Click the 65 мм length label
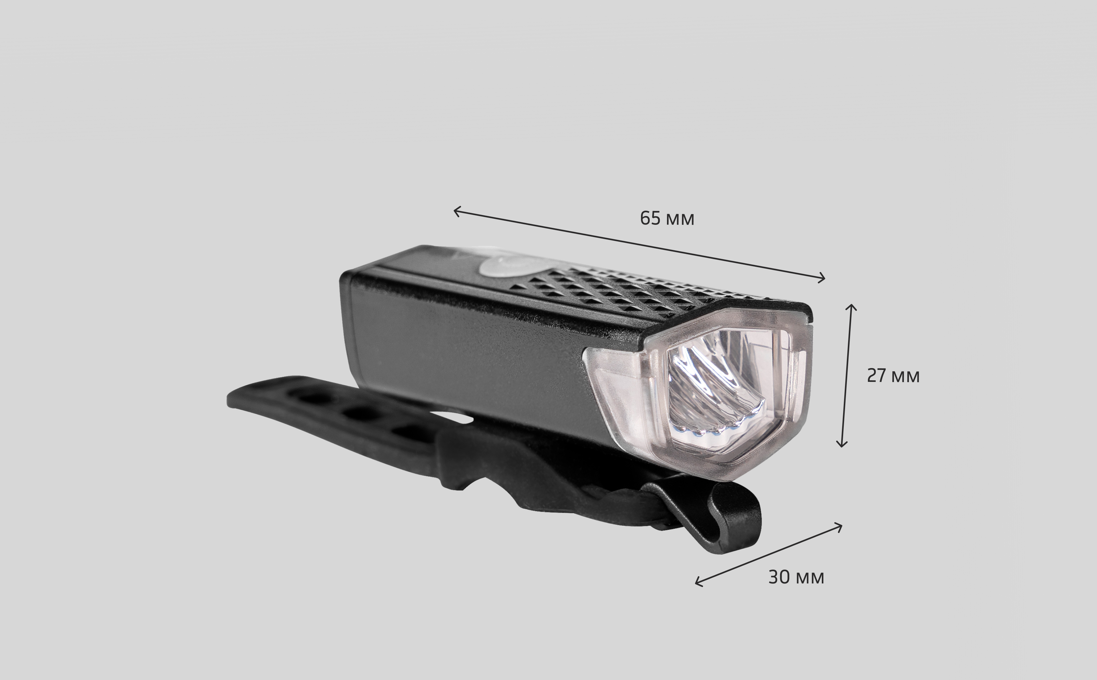(667, 219)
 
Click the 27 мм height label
(893, 376)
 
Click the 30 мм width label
(796, 577)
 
